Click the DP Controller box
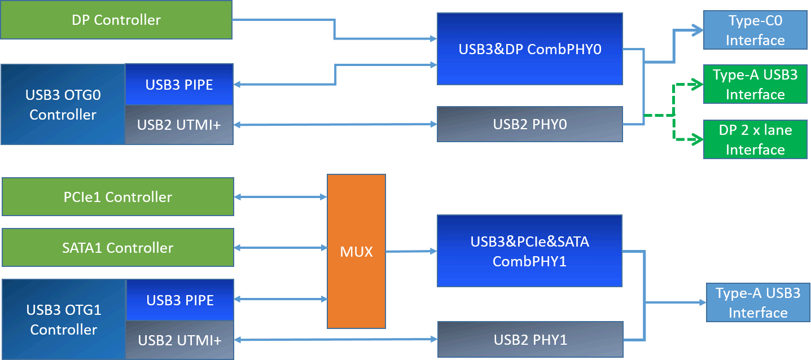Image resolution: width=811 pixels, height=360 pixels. pyautogui.click(x=116, y=20)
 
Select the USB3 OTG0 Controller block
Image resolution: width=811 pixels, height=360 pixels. pyautogui.click(x=63, y=104)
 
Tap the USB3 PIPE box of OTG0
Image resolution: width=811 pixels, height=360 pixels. pyautogui.click(x=179, y=85)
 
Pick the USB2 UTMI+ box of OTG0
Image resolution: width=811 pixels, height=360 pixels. pyautogui.click(x=179, y=125)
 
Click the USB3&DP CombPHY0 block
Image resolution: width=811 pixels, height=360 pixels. pyautogui.click(x=529, y=49)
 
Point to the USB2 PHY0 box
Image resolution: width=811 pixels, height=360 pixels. pyautogui.click(x=529, y=124)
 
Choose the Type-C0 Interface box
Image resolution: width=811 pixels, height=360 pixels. pyautogui.click(x=755, y=30)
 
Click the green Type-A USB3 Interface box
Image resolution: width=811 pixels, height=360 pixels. pyautogui.click(x=755, y=84)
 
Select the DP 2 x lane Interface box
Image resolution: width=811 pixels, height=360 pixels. pyautogui.click(x=755, y=139)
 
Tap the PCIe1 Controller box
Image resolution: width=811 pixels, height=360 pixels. pyautogui.click(x=118, y=197)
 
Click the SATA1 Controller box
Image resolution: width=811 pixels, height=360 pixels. pyautogui.click(x=118, y=247)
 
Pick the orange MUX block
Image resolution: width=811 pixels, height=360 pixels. pyautogui.click(x=356, y=252)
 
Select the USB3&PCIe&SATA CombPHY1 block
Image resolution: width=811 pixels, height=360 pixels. pyautogui.click(x=529, y=251)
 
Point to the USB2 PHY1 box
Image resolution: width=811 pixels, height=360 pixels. pyautogui.click(x=529, y=340)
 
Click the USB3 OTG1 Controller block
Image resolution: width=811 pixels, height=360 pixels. pyautogui.click(x=64, y=319)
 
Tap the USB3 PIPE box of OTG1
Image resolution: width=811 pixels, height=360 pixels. pyautogui.click(x=180, y=300)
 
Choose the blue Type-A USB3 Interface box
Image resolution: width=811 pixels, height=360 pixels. pyautogui.click(x=757, y=302)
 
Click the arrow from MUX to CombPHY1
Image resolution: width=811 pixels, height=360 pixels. pyautogui.click(x=411, y=251)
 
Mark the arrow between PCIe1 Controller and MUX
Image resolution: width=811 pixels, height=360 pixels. pyautogui.click(x=280, y=197)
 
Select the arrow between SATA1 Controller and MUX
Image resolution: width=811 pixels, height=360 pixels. pyautogui.click(x=280, y=247)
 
